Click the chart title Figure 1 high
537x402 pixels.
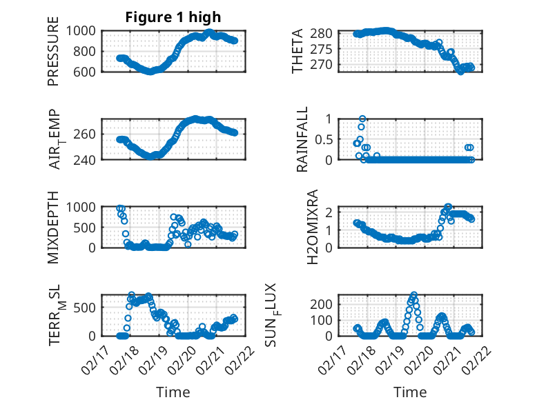click(x=173, y=17)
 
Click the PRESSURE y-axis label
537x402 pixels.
click(x=54, y=51)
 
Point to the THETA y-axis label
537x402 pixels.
click(x=297, y=51)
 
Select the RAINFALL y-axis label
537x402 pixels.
click(x=302, y=139)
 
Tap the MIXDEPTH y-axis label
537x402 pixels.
click(x=54, y=227)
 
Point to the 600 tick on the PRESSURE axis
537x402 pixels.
click(x=88, y=71)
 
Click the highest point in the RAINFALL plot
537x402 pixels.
click(x=362, y=119)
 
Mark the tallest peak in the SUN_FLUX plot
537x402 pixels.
click(x=414, y=294)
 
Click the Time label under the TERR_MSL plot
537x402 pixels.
click(x=173, y=392)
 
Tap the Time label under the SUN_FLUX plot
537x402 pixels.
click(x=410, y=392)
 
